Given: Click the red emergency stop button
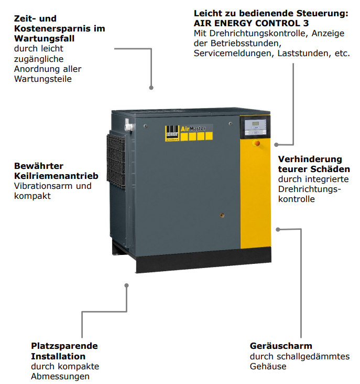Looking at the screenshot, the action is click(x=257, y=143).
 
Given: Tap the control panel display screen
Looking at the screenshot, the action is click(x=255, y=124).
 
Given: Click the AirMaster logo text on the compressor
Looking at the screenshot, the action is click(x=193, y=129).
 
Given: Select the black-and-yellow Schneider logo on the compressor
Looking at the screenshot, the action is click(x=172, y=133).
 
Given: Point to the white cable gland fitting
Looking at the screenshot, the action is click(x=128, y=127).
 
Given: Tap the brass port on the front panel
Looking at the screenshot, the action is click(x=222, y=216).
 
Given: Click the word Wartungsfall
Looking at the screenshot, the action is click(x=44, y=38).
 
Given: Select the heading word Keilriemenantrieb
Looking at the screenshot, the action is click(x=56, y=176).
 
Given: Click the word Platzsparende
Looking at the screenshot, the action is click(x=64, y=346).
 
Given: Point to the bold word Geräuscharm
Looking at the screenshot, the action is click(x=281, y=346).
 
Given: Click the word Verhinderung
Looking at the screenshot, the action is click(x=310, y=159).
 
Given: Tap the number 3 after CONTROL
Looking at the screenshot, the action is click(x=306, y=23).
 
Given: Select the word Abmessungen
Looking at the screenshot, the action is click(x=60, y=376).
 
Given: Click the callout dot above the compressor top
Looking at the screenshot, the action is click(x=151, y=88).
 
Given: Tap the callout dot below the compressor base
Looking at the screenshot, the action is click(x=126, y=285).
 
